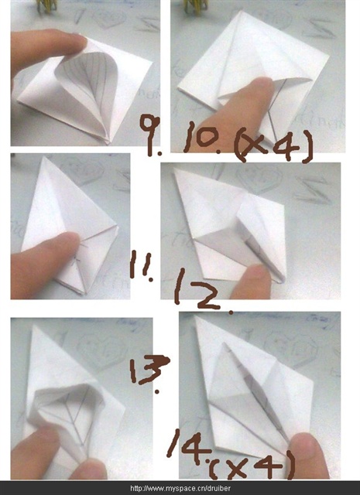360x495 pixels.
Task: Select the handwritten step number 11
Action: click(142, 265)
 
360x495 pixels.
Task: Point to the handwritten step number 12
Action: click(199, 291)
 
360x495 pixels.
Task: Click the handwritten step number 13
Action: click(149, 372)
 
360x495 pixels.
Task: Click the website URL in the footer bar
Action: click(180, 488)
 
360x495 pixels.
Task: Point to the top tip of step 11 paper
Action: click(45, 157)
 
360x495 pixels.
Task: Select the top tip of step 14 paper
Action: click(197, 316)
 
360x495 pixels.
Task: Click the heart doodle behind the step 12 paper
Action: click(259, 179)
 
